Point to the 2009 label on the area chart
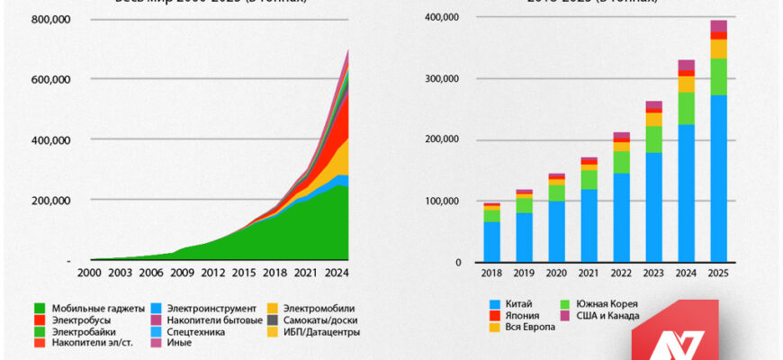pyautogui.click(x=184, y=273)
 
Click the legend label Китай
pyautogui.click(x=517, y=304)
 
